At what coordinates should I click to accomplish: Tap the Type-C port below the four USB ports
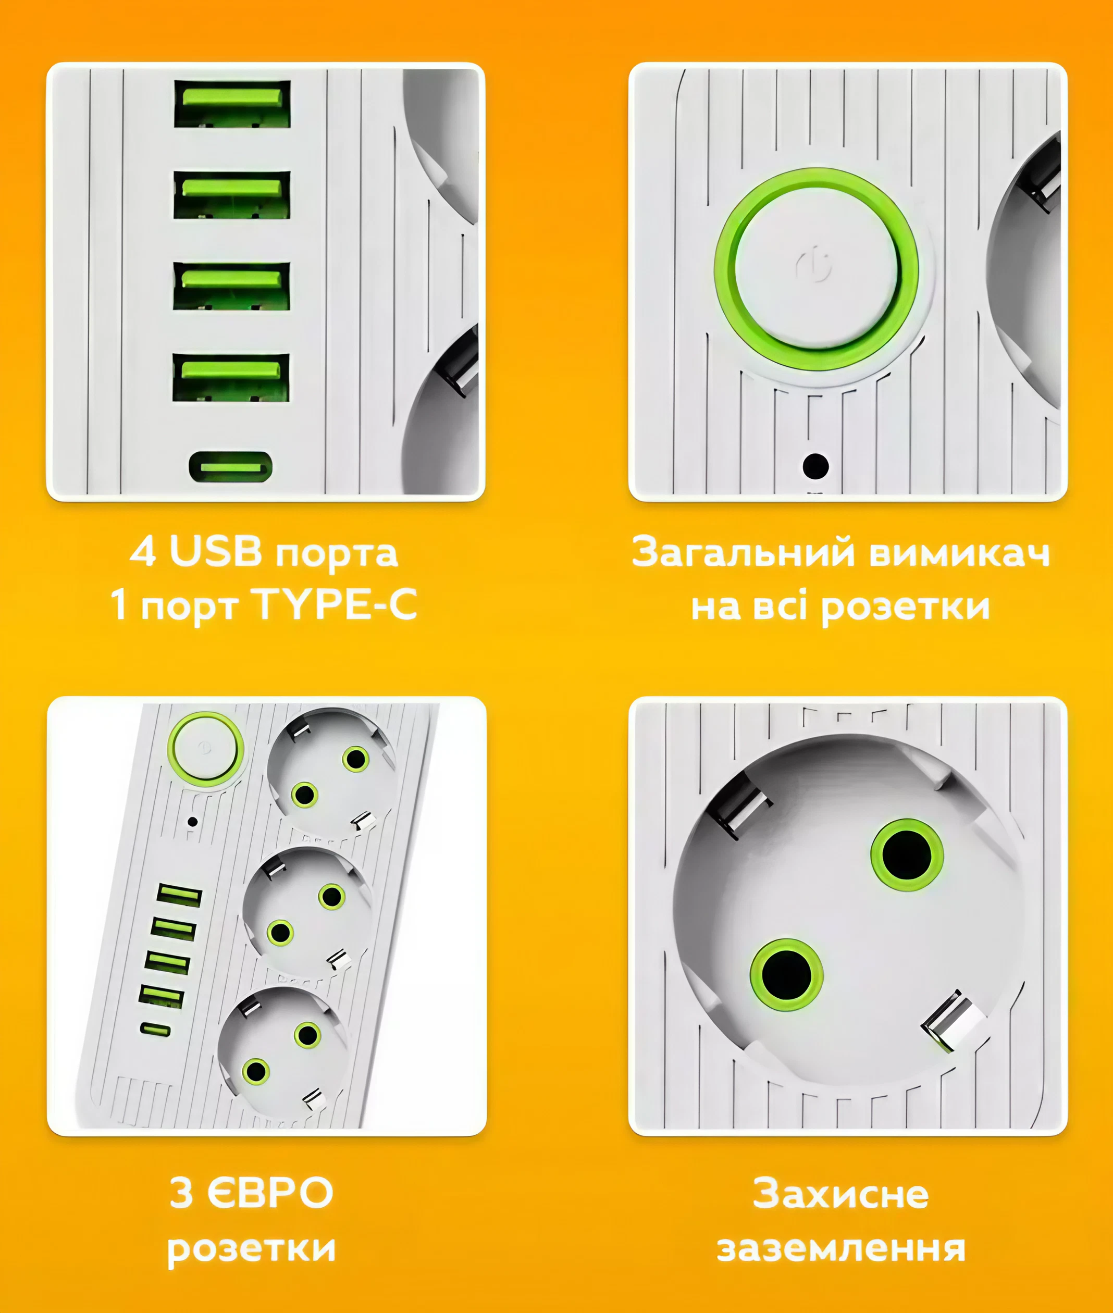[x=231, y=467]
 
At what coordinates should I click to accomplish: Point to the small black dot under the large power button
[x=815, y=466]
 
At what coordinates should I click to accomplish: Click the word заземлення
[x=840, y=1248]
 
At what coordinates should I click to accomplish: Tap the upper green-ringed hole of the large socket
[x=907, y=855]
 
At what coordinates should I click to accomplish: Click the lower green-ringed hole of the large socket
[x=786, y=974]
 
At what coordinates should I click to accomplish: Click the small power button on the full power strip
[x=205, y=749]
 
